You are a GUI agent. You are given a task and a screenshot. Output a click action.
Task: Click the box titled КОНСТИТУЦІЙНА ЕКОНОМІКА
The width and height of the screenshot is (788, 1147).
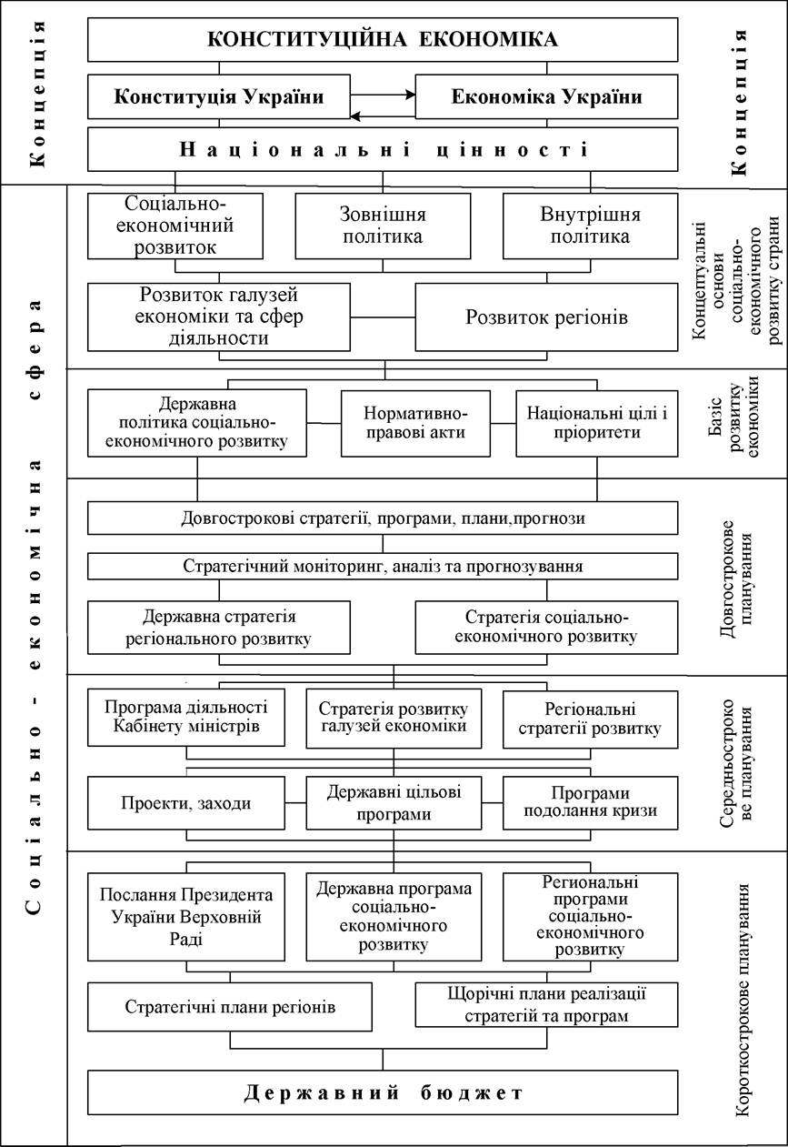[383, 40]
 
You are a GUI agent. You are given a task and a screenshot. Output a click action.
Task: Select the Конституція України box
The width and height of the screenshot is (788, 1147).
[219, 96]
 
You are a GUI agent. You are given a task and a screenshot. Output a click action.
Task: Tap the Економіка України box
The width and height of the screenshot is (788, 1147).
[546, 96]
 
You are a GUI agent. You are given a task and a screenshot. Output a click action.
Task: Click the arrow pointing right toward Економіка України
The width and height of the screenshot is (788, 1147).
[383, 95]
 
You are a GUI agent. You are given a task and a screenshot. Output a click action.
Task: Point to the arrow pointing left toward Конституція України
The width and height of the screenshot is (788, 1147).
[383, 116]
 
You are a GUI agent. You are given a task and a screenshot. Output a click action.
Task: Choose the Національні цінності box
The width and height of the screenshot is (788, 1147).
[383, 149]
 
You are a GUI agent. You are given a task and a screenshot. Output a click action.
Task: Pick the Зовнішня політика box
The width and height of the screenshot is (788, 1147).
[383, 226]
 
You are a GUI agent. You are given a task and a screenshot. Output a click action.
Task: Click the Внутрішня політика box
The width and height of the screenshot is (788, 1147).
[591, 226]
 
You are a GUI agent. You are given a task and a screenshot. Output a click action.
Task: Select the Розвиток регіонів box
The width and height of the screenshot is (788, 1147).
[546, 317]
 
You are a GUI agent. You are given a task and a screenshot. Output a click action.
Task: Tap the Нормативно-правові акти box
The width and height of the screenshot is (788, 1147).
[415, 424]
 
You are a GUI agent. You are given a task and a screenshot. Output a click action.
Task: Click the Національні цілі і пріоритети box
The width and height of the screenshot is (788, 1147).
[597, 424]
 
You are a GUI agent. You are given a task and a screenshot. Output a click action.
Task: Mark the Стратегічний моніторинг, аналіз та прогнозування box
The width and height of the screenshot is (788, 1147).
[383, 567]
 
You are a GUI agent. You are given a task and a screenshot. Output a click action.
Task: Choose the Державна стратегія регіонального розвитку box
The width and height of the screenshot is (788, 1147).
[219, 628]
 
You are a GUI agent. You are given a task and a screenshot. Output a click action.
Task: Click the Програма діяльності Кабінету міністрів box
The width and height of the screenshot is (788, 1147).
[186, 718]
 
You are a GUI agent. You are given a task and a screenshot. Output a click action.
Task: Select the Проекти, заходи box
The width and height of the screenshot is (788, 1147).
[186, 803]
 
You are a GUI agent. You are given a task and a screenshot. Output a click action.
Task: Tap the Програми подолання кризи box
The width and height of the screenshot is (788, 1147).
[591, 803]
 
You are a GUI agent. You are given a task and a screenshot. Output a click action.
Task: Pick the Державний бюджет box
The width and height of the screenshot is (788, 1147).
[383, 1093]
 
